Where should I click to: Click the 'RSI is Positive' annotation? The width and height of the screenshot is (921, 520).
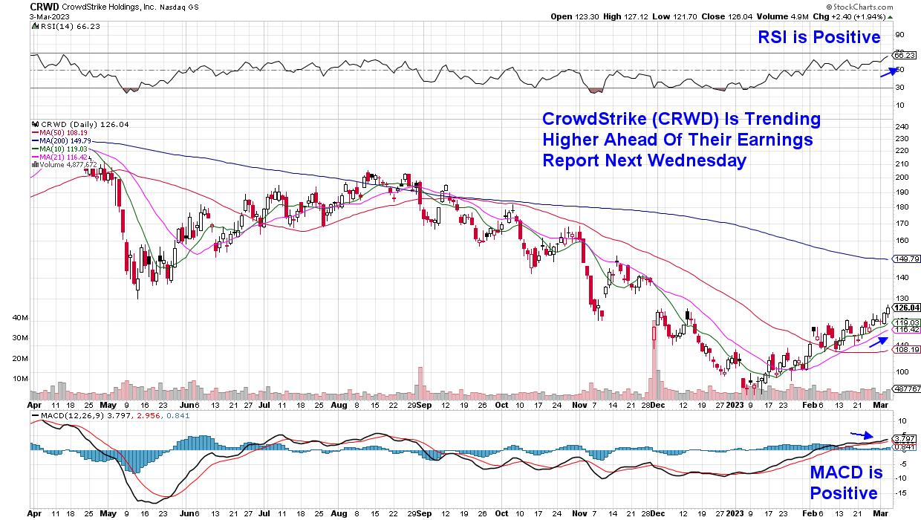coord(819,37)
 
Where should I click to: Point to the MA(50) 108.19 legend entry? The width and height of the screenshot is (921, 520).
coord(59,131)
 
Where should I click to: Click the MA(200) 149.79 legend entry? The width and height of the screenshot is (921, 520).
coord(62,139)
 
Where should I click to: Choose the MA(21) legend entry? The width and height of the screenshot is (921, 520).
coord(59,155)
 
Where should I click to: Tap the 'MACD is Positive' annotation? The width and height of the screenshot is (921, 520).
coord(846,484)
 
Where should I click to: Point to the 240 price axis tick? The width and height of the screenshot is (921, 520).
coord(900,126)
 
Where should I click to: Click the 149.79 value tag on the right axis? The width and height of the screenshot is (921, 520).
coord(905,259)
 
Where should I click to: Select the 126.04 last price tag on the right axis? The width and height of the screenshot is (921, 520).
coord(906,308)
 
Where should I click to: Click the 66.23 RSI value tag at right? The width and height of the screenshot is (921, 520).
coord(903,55)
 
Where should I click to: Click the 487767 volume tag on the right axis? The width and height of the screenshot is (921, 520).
coord(906,389)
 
